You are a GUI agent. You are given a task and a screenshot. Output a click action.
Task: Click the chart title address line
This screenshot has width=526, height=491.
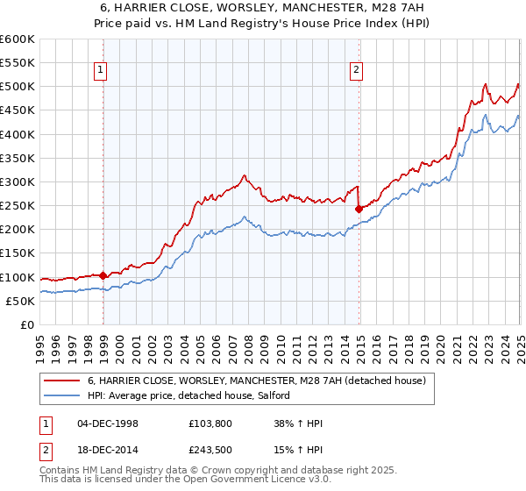[263, 8]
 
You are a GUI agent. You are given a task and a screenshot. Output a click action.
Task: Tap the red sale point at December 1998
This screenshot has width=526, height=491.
[103, 275]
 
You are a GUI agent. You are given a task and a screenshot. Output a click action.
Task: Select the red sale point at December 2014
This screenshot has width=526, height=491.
[359, 209]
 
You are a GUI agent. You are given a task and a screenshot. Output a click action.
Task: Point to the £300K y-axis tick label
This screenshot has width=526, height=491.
[18, 181]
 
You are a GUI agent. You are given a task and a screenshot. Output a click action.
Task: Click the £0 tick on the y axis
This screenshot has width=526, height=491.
[27, 324]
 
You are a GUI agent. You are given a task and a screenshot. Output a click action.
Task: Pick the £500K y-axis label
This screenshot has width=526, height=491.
[18, 87]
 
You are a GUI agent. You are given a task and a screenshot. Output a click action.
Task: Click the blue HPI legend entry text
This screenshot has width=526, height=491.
[195, 396]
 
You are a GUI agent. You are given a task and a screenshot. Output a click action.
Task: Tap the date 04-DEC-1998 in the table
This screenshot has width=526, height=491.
[108, 423]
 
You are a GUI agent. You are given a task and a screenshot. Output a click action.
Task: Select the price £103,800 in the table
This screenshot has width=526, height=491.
[210, 423]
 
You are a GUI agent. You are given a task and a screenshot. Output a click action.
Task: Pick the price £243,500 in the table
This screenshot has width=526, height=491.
[210, 452]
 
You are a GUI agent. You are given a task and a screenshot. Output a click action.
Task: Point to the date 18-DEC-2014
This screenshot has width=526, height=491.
[108, 452]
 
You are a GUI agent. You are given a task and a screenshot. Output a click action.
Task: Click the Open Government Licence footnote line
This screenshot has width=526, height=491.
[166, 481]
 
